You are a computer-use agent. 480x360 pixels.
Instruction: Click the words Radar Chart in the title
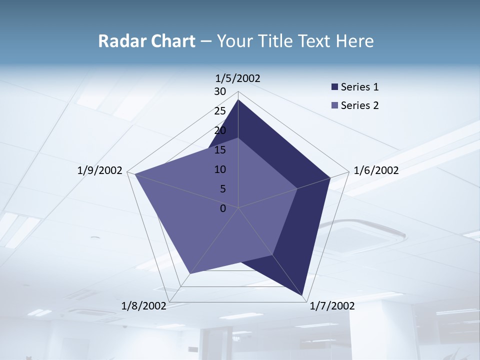point(146,41)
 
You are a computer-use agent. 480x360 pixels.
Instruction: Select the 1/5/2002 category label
point(238,78)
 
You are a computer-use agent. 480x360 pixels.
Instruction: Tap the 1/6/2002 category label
point(376,170)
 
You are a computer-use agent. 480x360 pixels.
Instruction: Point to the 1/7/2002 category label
point(332,306)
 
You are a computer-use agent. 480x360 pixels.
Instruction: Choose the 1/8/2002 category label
point(144,306)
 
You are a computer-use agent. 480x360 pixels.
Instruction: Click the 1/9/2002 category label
point(100,170)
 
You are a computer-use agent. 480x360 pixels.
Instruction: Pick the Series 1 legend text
point(359,87)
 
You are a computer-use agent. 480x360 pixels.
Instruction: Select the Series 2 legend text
point(359,105)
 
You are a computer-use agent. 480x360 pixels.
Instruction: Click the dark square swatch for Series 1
point(334,87)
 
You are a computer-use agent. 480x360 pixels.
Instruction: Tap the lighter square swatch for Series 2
point(334,105)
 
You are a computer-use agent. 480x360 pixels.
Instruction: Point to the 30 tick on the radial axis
point(220,91)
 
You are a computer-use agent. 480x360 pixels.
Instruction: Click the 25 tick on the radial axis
point(220,111)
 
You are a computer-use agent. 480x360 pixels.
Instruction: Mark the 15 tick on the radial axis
point(220,150)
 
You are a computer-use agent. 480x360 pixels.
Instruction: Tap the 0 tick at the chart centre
point(223,208)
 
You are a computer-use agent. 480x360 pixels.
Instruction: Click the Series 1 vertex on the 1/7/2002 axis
point(303,296)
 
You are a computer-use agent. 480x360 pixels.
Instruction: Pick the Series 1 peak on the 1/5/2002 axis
point(238,100)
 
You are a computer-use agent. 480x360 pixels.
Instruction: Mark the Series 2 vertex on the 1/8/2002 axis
point(190,273)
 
